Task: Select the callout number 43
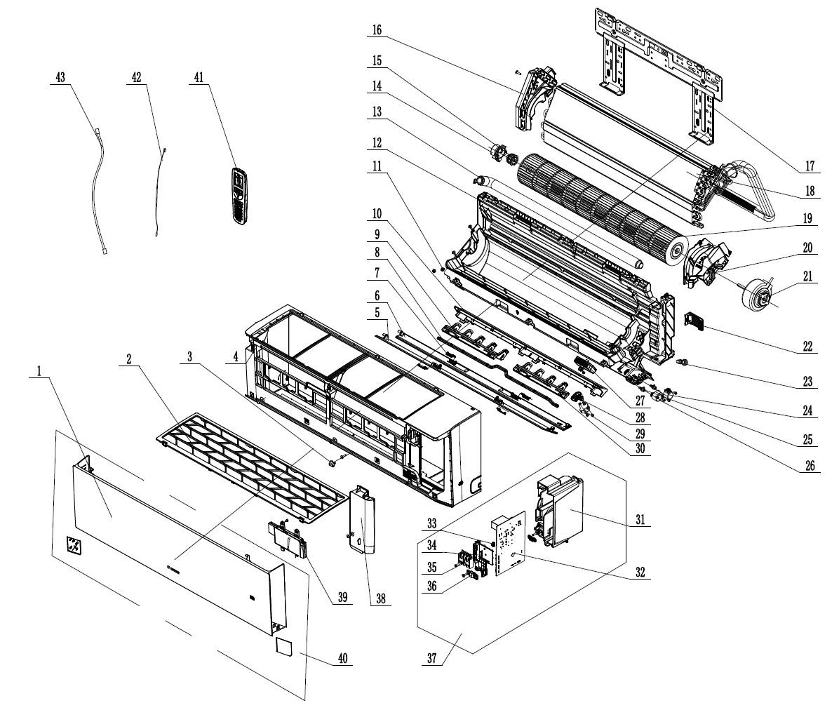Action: point(60,79)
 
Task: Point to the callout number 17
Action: point(810,167)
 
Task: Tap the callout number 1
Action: point(39,371)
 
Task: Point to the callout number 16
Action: point(377,29)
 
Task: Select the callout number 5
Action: point(377,311)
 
